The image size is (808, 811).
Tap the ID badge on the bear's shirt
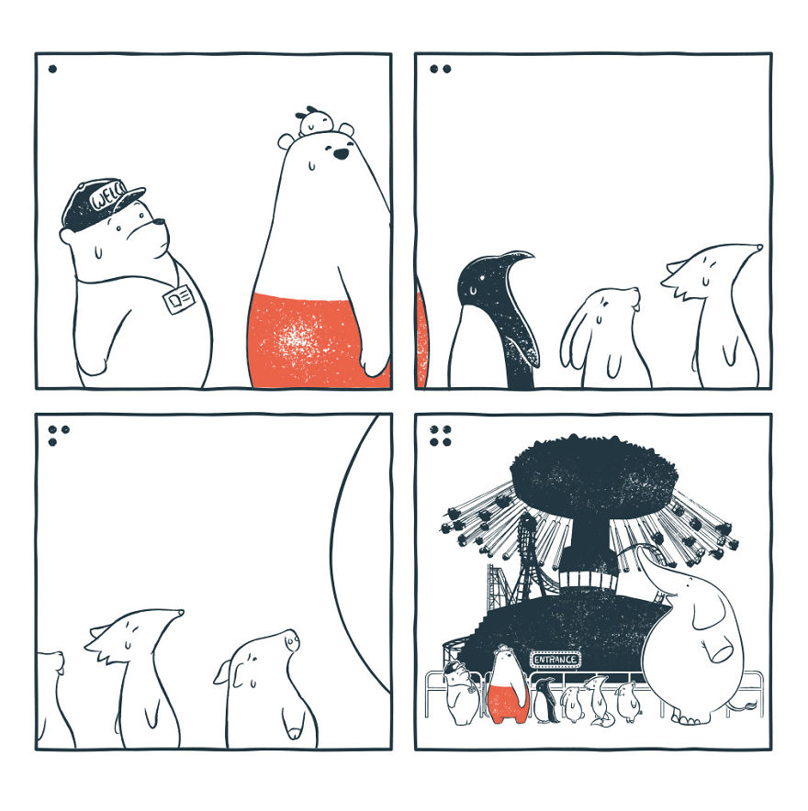coord(179,298)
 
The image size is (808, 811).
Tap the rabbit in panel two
coord(606,339)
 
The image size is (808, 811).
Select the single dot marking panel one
coord(52,68)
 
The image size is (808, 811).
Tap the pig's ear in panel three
coord(223,673)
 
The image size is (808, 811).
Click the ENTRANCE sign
coord(555,659)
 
